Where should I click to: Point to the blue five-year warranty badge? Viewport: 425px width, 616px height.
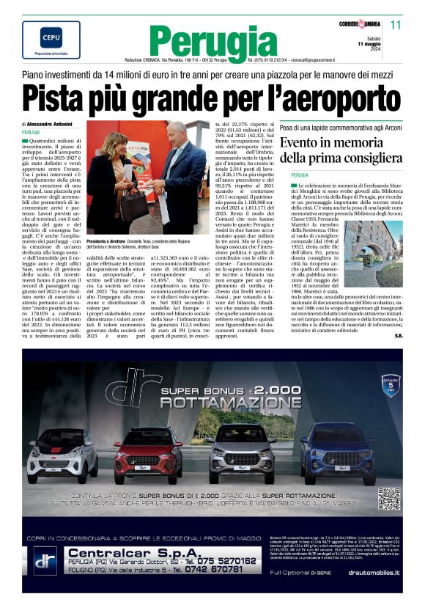pyautogui.click(x=391, y=383)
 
